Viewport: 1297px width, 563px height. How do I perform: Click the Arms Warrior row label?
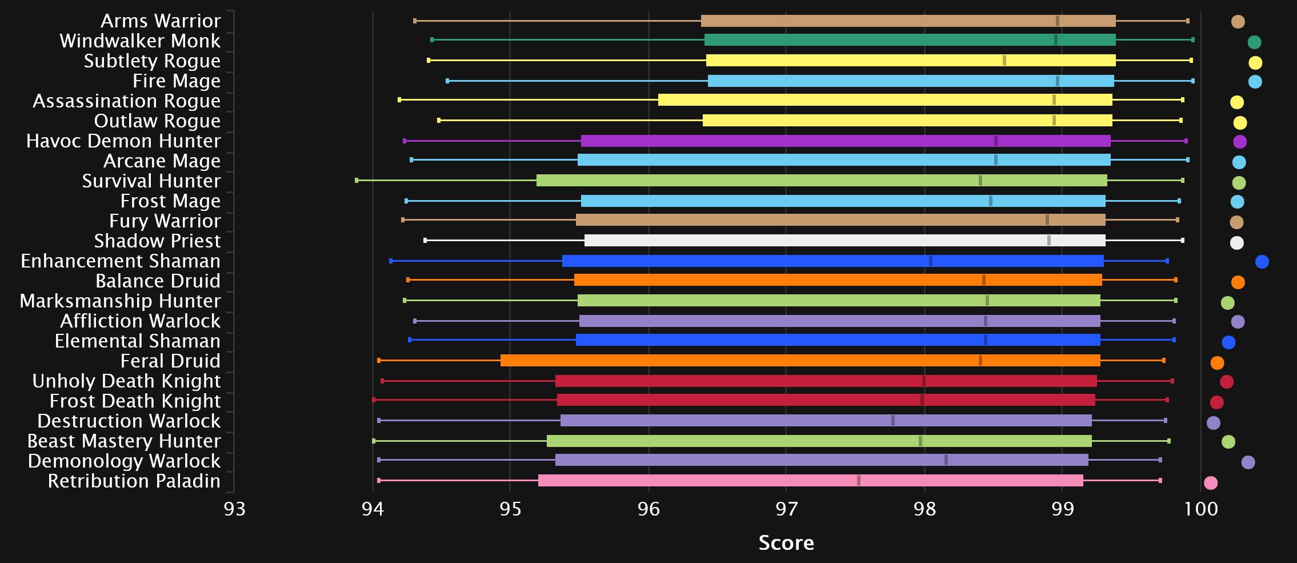pyautogui.click(x=161, y=21)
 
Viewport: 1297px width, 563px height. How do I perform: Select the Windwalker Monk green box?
pyautogui.click(x=910, y=40)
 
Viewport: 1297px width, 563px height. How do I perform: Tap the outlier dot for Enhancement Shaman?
pyautogui.click(x=1262, y=262)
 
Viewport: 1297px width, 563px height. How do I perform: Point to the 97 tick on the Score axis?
pyautogui.click(x=786, y=509)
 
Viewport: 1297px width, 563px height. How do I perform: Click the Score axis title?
pyautogui.click(x=786, y=543)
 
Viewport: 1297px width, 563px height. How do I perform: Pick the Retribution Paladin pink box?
pyautogui.click(x=810, y=481)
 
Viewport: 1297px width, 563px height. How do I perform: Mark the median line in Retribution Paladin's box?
pyautogui.click(x=859, y=481)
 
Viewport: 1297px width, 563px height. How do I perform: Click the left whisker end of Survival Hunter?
pyautogui.click(x=357, y=181)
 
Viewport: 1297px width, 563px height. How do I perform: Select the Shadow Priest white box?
pyautogui.click(x=844, y=241)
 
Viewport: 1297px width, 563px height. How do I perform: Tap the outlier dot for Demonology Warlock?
pyautogui.click(x=1248, y=462)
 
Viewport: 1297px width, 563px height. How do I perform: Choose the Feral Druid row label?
pyautogui.click(x=170, y=361)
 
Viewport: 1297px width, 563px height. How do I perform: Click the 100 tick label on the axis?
pyautogui.click(x=1200, y=509)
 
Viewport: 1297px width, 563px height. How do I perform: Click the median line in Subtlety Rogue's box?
pyautogui.click(x=1004, y=61)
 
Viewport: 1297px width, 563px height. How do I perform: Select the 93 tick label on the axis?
pyautogui.click(x=234, y=509)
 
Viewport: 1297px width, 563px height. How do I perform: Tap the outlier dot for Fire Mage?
pyautogui.click(x=1255, y=82)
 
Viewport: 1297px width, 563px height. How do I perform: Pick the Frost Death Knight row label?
pyautogui.click(x=135, y=401)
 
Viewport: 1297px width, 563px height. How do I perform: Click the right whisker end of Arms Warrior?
pyautogui.click(x=1188, y=21)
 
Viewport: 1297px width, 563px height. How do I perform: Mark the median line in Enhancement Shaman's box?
pyautogui.click(x=931, y=261)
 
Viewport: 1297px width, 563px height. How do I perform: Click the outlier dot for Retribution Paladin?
pyautogui.click(x=1211, y=483)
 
